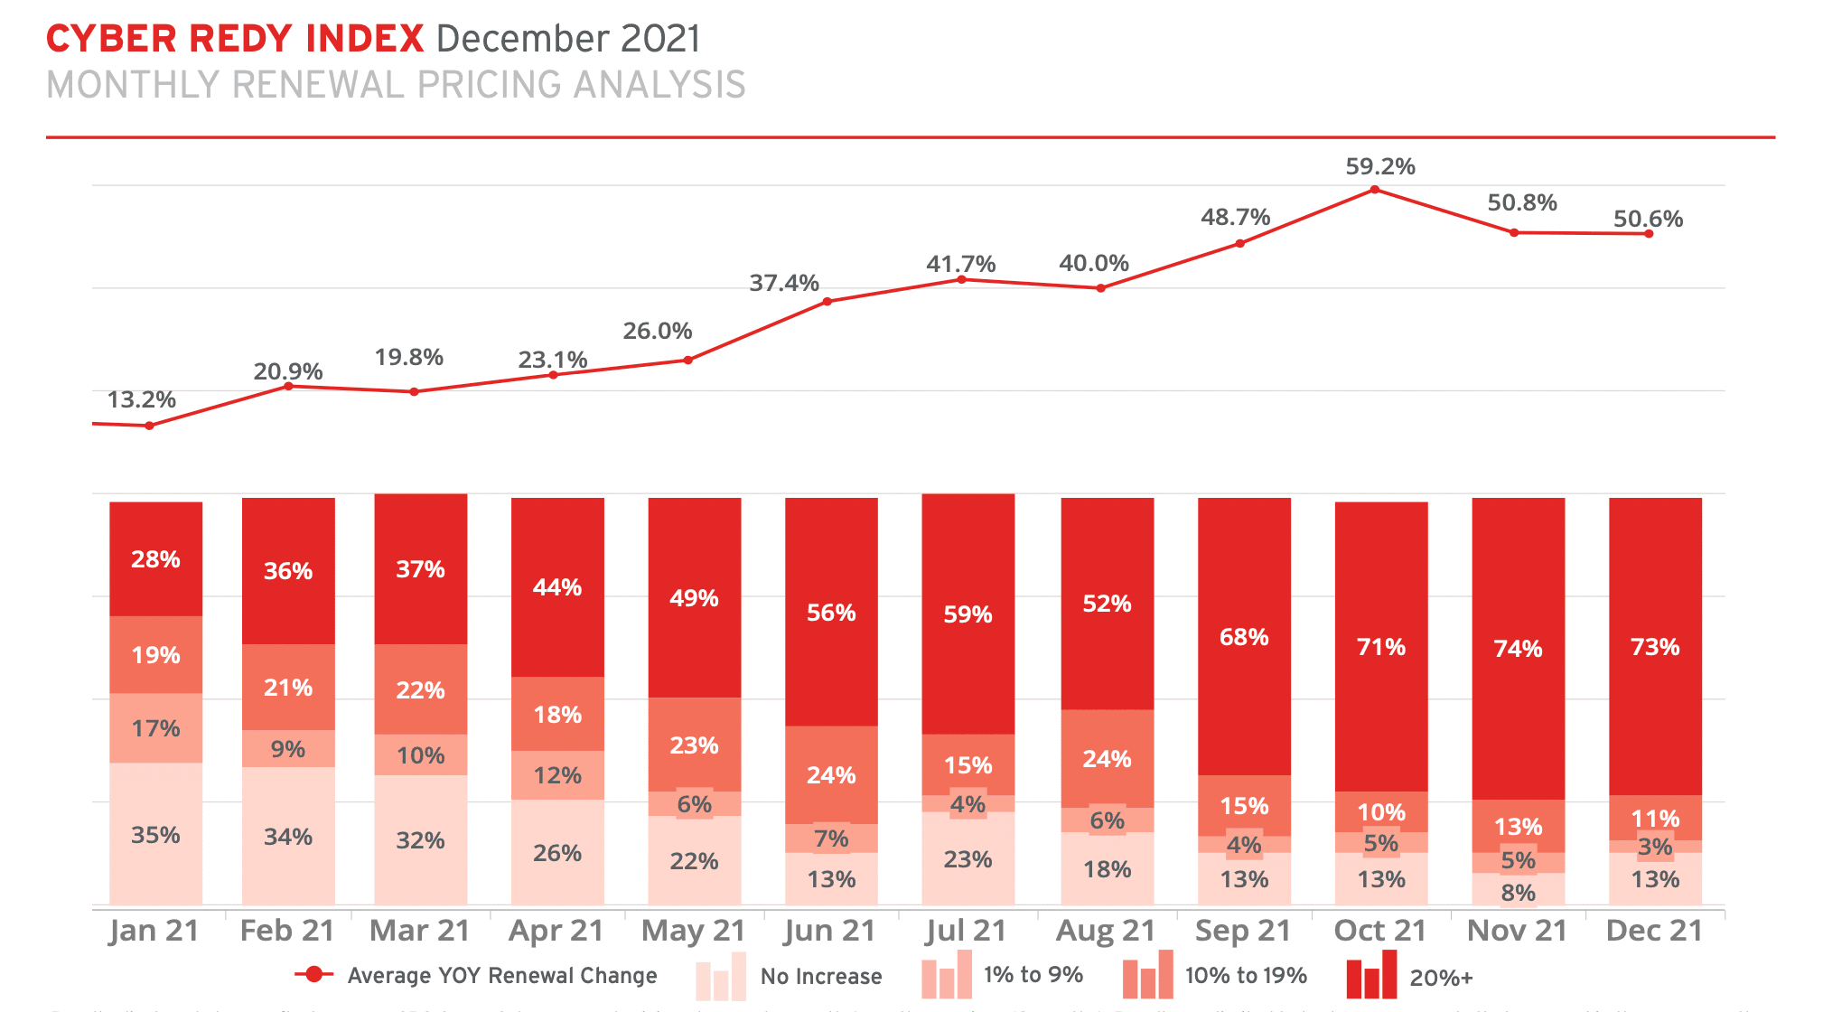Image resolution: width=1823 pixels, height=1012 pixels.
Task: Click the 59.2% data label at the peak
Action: (x=1379, y=166)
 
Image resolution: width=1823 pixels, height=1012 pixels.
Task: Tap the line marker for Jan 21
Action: (x=149, y=426)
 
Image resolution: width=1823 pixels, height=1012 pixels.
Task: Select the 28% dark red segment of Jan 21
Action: (x=155, y=559)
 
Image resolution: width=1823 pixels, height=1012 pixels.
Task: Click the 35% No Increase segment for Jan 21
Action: (x=155, y=834)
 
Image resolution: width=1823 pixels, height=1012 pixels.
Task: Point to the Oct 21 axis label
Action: (x=1379, y=931)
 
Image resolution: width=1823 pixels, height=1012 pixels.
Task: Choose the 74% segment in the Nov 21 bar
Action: (x=1518, y=648)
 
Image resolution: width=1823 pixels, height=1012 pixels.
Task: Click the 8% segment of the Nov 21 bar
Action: (x=1518, y=892)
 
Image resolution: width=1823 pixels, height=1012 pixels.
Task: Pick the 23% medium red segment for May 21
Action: (x=694, y=745)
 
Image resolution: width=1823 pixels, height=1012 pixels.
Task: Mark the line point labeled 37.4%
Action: (x=827, y=301)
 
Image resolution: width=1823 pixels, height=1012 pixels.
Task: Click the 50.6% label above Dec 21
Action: (x=1648, y=219)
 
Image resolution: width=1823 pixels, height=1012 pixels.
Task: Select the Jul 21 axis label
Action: (x=966, y=931)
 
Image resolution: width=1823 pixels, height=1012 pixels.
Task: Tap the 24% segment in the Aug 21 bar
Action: (x=1107, y=758)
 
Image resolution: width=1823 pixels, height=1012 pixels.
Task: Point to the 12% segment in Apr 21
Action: (x=557, y=775)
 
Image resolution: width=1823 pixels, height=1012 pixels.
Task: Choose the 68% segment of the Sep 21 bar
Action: (x=1244, y=637)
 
